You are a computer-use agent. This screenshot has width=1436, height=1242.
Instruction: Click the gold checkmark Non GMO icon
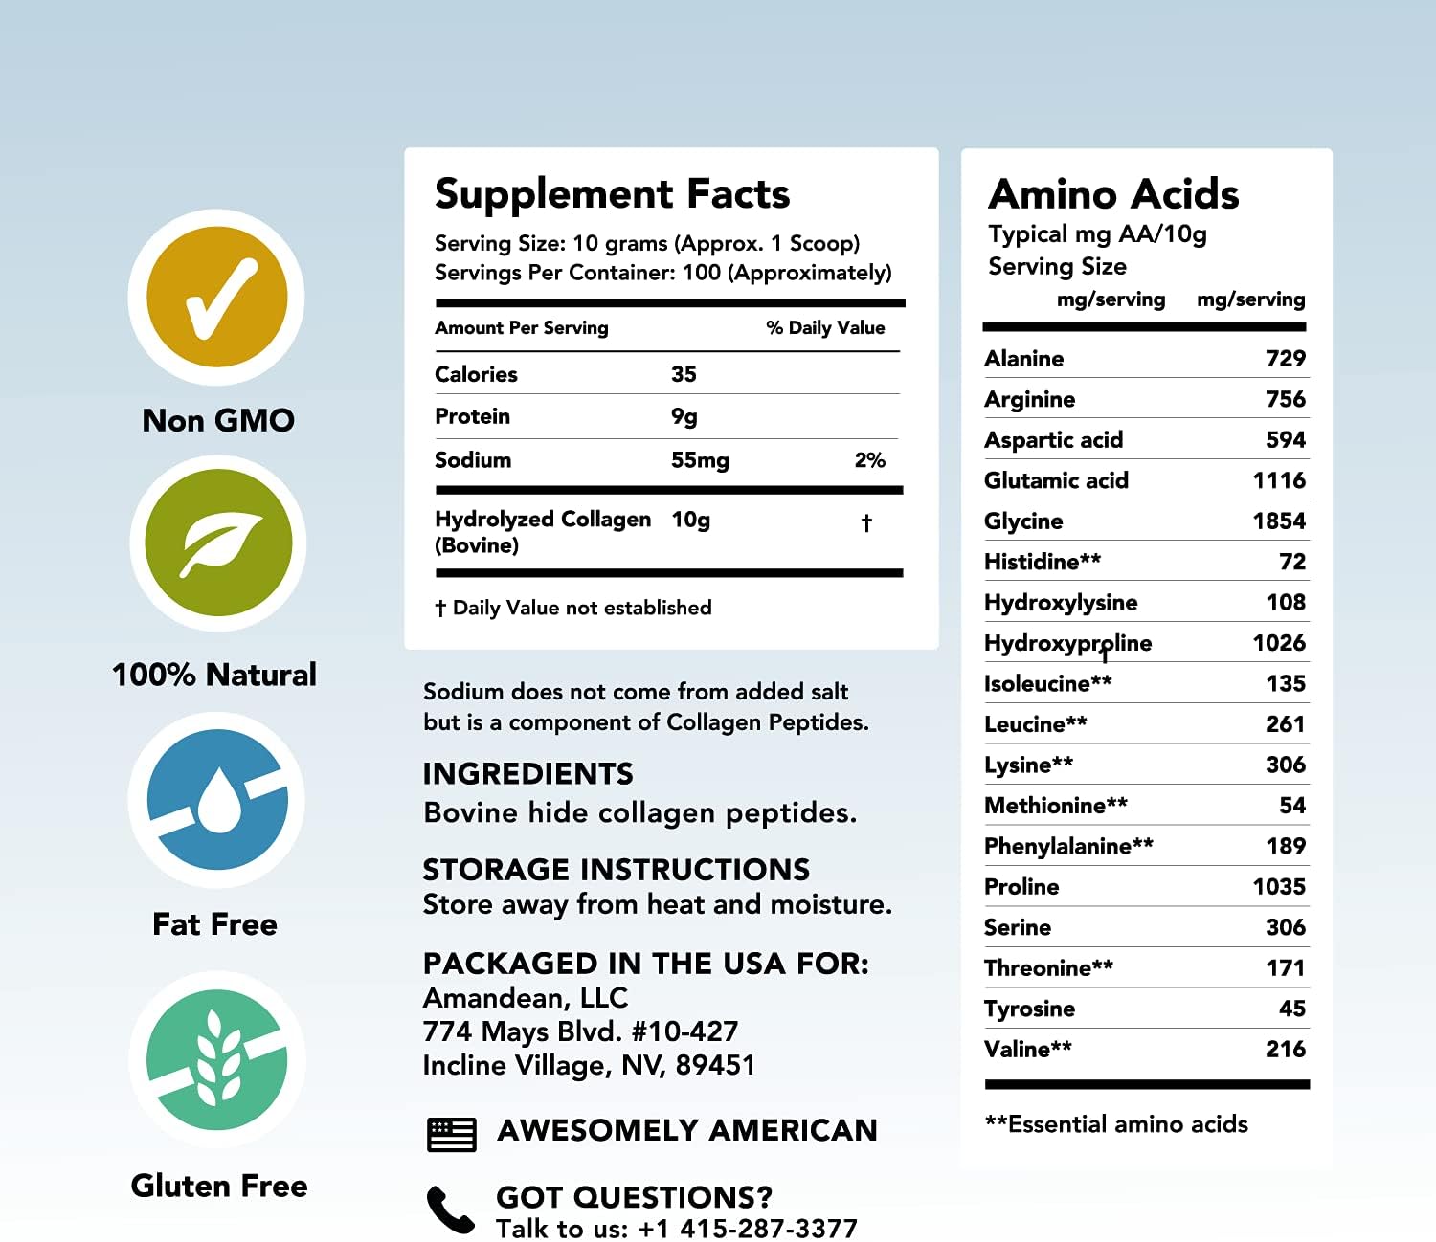pyautogui.click(x=217, y=298)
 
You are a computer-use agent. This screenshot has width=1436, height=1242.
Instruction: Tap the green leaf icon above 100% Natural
pyautogui.click(x=218, y=543)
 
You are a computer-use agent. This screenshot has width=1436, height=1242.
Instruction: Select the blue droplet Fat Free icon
pyautogui.click(x=217, y=800)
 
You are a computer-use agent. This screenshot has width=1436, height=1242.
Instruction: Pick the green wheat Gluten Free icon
pyautogui.click(x=217, y=1059)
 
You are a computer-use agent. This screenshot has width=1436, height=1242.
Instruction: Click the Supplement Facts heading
pyautogui.click(x=612, y=194)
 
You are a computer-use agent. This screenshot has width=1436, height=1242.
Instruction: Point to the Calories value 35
pyautogui.click(x=684, y=374)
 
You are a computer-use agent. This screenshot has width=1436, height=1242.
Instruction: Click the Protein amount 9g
pyautogui.click(x=684, y=417)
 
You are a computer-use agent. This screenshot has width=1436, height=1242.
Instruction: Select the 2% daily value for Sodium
pyautogui.click(x=869, y=460)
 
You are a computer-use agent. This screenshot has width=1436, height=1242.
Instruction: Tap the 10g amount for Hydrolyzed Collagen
pyautogui.click(x=690, y=520)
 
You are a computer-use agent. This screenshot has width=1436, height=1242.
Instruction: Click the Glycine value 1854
pyautogui.click(x=1278, y=521)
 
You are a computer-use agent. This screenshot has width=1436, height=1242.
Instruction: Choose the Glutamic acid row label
pyautogui.click(x=1056, y=480)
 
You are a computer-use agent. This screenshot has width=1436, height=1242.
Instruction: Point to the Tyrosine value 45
pyautogui.click(x=1291, y=1009)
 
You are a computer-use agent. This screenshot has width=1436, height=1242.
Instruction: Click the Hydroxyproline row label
pyautogui.click(x=1067, y=643)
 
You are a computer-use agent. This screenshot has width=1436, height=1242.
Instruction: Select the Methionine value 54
pyautogui.click(x=1291, y=806)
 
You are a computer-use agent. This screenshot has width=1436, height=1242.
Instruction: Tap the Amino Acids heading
pyautogui.click(x=1113, y=194)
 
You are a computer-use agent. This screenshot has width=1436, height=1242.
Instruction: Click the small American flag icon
pyautogui.click(x=451, y=1134)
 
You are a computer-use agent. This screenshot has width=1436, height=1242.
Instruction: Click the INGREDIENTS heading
pyautogui.click(x=527, y=773)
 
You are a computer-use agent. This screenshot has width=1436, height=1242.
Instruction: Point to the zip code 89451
pyautogui.click(x=715, y=1065)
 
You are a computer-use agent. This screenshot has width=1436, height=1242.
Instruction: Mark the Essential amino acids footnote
pyautogui.click(x=1116, y=1124)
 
